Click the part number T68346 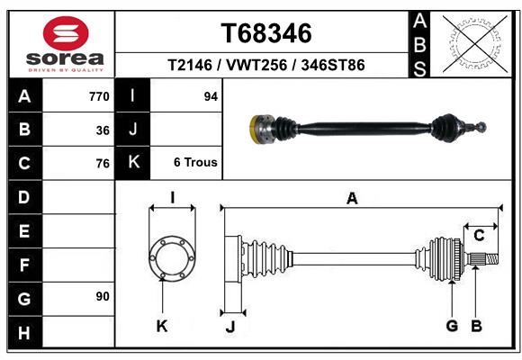(x=266, y=33)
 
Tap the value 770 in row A (x=99, y=96)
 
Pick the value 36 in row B (x=103, y=130)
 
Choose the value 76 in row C (x=103, y=164)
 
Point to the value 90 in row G (x=103, y=296)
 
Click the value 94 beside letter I (x=211, y=96)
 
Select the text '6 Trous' (x=195, y=163)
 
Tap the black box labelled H (x=24, y=332)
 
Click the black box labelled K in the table (x=133, y=163)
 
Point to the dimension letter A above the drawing (x=352, y=198)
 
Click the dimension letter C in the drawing (x=480, y=235)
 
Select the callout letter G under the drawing (x=452, y=325)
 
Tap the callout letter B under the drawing (x=478, y=325)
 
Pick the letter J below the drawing (x=229, y=327)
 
